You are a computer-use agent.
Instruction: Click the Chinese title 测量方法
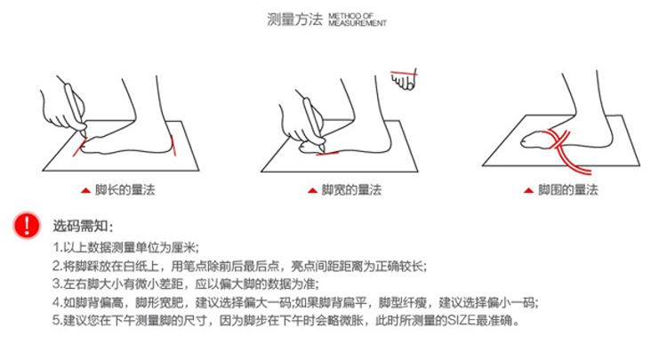click(294, 20)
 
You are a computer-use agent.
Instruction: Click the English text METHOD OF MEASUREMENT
click(358, 20)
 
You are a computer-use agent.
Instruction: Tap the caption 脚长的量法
click(125, 189)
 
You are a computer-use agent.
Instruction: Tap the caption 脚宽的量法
click(351, 189)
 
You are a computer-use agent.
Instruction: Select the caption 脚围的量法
click(568, 189)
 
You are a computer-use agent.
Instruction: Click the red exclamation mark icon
click(27, 225)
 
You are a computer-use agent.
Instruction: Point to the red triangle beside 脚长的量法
click(86, 190)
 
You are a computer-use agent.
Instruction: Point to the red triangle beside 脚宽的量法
click(313, 190)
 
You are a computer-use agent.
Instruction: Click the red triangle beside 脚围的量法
click(529, 190)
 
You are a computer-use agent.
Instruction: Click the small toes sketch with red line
click(404, 79)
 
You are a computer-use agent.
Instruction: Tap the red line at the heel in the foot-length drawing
click(173, 146)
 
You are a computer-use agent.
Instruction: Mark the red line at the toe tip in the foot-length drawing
click(79, 147)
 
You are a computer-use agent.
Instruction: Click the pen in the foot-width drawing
click(314, 124)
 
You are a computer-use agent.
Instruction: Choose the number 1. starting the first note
click(58, 247)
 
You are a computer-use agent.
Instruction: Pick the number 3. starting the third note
click(58, 284)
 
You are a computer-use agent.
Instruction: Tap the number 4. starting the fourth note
click(58, 302)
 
